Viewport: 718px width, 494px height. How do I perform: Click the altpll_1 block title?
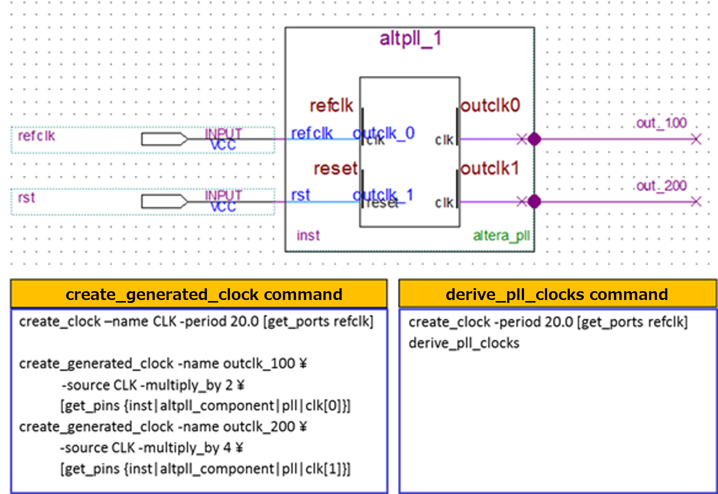[x=410, y=39]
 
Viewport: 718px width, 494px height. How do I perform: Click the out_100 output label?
[x=661, y=123]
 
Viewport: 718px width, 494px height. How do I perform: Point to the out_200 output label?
[x=661, y=186]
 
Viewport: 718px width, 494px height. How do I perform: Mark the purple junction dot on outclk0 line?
[x=534, y=139]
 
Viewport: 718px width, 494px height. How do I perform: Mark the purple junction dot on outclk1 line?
[x=534, y=201]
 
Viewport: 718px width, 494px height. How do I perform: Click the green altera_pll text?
[x=501, y=236]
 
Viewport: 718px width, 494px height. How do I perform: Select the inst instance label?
[x=308, y=235]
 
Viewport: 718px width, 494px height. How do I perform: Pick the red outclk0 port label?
[x=490, y=106]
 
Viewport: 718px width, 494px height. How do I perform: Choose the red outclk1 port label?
[x=490, y=169]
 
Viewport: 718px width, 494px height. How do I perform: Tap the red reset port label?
[x=335, y=169]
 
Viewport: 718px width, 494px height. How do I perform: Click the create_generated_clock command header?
[x=204, y=294]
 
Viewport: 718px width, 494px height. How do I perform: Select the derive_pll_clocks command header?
[x=557, y=294]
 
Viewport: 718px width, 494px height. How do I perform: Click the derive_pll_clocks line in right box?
[x=464, y=343]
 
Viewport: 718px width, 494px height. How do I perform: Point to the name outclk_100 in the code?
[x=259, y=363]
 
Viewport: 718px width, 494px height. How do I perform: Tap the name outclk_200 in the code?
[x=259, y=427]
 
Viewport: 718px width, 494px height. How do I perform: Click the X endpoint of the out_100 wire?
[x=696, y=139]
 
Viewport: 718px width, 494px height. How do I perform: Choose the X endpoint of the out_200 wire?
[x=696, y=201]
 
